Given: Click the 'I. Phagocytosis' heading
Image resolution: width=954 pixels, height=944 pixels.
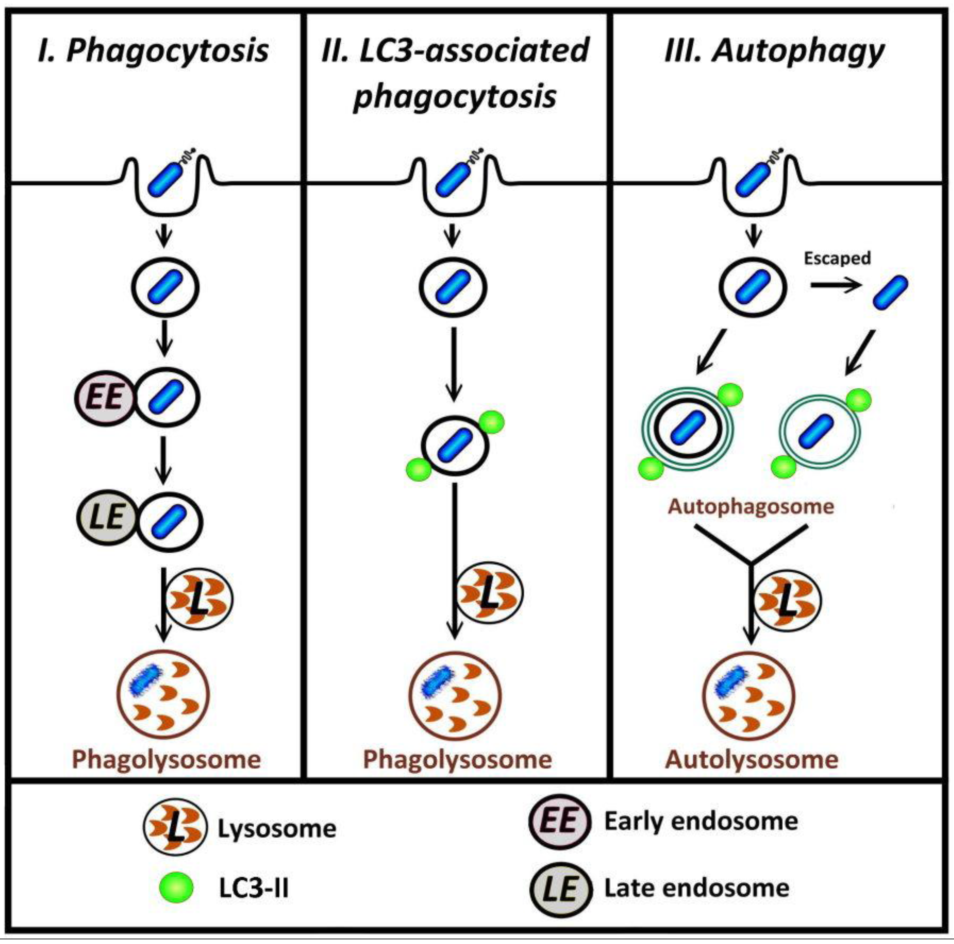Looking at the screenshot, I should (153, 51).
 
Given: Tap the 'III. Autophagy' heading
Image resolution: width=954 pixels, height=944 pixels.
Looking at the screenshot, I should (774, 51).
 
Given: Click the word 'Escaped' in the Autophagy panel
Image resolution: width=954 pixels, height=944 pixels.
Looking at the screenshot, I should (837, 259).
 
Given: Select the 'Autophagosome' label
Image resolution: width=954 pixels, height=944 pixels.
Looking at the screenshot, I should (751, 507).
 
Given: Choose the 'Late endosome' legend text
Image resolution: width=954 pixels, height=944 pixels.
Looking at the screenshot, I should (697, 888).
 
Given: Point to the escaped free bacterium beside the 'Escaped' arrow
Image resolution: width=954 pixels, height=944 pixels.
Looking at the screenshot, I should (890, 293).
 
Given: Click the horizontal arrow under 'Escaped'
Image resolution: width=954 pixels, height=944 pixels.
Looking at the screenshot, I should (835, 285).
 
